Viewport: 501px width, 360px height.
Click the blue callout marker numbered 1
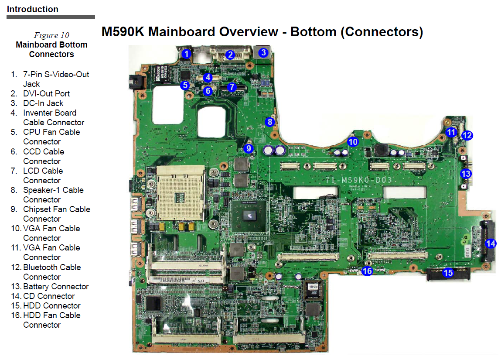point(186,54)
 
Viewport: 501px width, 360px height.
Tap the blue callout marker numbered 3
point(263,52)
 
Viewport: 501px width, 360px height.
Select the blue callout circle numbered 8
point(270,122)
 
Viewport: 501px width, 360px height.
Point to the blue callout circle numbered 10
point(353,142)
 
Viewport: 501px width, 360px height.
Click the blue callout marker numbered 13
point(466,174)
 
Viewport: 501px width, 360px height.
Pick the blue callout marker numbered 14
point(491,243)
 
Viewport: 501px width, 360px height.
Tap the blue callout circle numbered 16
point(367,271)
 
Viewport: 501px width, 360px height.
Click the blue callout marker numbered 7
point(232,87)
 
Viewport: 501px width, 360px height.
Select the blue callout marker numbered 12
point(467,136)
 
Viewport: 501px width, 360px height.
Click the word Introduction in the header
point(33,9)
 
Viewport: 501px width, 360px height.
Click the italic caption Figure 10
point(51,35)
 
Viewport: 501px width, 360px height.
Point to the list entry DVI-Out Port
point(46,94)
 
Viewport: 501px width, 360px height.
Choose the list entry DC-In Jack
point(43,103)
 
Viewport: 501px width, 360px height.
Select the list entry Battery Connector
point(56,286)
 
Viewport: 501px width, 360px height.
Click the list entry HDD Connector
point(52,305)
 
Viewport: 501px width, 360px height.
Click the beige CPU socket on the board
point(181,193)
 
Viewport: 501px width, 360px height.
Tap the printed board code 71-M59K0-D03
point(359,180)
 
